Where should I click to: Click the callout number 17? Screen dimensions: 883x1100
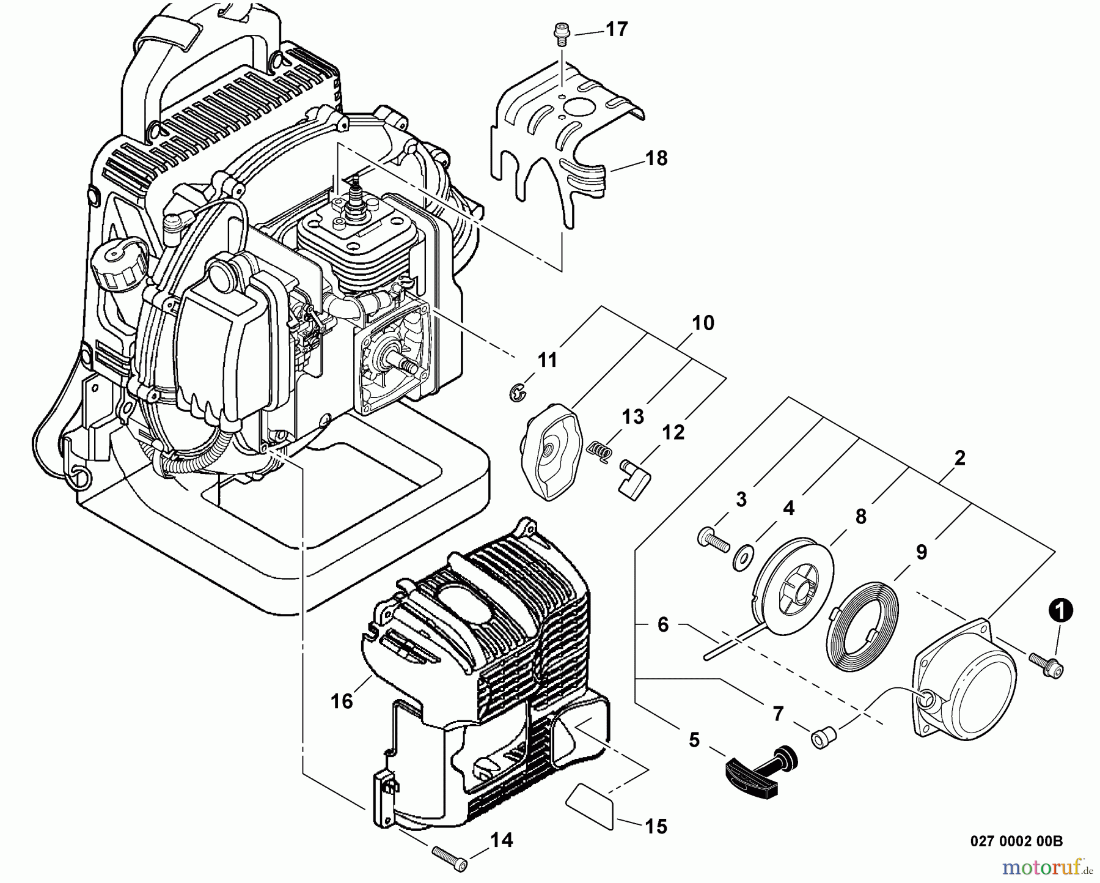tap(617, 29)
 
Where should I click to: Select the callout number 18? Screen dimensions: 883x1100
tap(657, 158)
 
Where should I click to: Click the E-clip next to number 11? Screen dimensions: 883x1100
tap(517, 393)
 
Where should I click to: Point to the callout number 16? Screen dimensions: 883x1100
tap(342, 700)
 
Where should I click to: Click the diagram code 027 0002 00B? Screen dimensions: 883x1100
tap(1016, 841)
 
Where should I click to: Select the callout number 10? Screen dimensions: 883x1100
tap(703, 323)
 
